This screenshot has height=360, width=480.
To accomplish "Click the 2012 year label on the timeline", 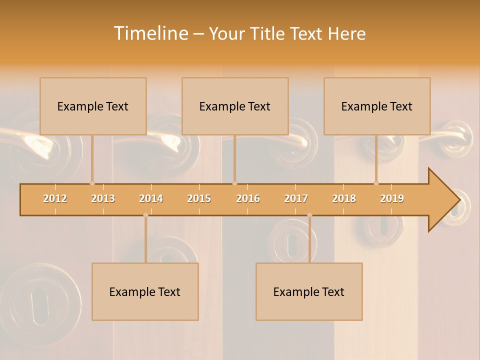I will point(55,198).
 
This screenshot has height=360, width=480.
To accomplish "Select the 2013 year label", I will point(103,198).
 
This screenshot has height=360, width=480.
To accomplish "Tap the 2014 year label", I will point(151,198).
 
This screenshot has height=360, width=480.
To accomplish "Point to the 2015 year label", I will point(199,198).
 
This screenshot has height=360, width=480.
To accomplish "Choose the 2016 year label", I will point(248,198).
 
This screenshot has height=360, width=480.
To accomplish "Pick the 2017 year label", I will point(296,198).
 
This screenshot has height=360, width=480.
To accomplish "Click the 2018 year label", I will point(344,198).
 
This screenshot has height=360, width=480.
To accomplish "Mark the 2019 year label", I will point(392,198).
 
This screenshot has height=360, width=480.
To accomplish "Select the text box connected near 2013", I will point(93,106).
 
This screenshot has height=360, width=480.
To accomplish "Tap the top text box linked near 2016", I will point(235,106).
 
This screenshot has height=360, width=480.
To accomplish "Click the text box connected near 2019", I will point(377,106).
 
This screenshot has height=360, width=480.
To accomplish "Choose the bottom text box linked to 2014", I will point(145,291).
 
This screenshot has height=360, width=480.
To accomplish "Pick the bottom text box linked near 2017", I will point(309,291).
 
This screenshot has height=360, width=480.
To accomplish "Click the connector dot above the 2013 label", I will point(92,183).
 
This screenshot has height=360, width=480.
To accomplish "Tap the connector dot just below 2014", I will point(145,215).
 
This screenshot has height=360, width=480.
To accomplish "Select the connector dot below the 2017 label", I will point(309,215).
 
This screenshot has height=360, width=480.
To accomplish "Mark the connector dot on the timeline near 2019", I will point(376,183).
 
